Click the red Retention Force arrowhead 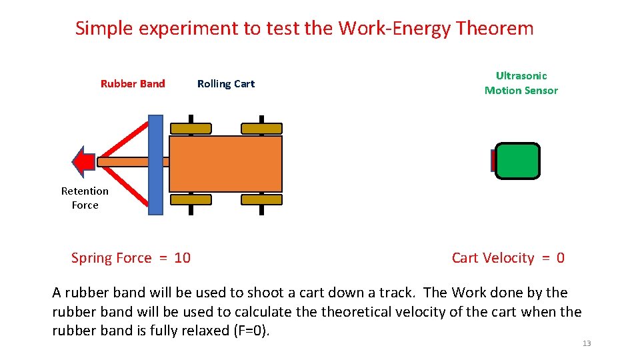[x=83, y=162]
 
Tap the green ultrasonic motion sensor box [x=517, y=161]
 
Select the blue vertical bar [x=155, y=165]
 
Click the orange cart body [x=225, y=164]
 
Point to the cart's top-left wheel [x=191, y=128]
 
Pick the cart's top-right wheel [x=261, y=128]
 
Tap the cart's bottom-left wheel [x=191, y=199]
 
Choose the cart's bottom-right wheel [x=261, y=199]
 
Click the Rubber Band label [x=133, y=84]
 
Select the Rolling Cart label [x=226, y=84]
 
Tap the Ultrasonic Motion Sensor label [x=521, y=83]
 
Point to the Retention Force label [x=85, y=198]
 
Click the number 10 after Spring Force [x=182, y=258]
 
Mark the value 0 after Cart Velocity [x=561, y=258]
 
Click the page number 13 [x=587, y=343]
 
